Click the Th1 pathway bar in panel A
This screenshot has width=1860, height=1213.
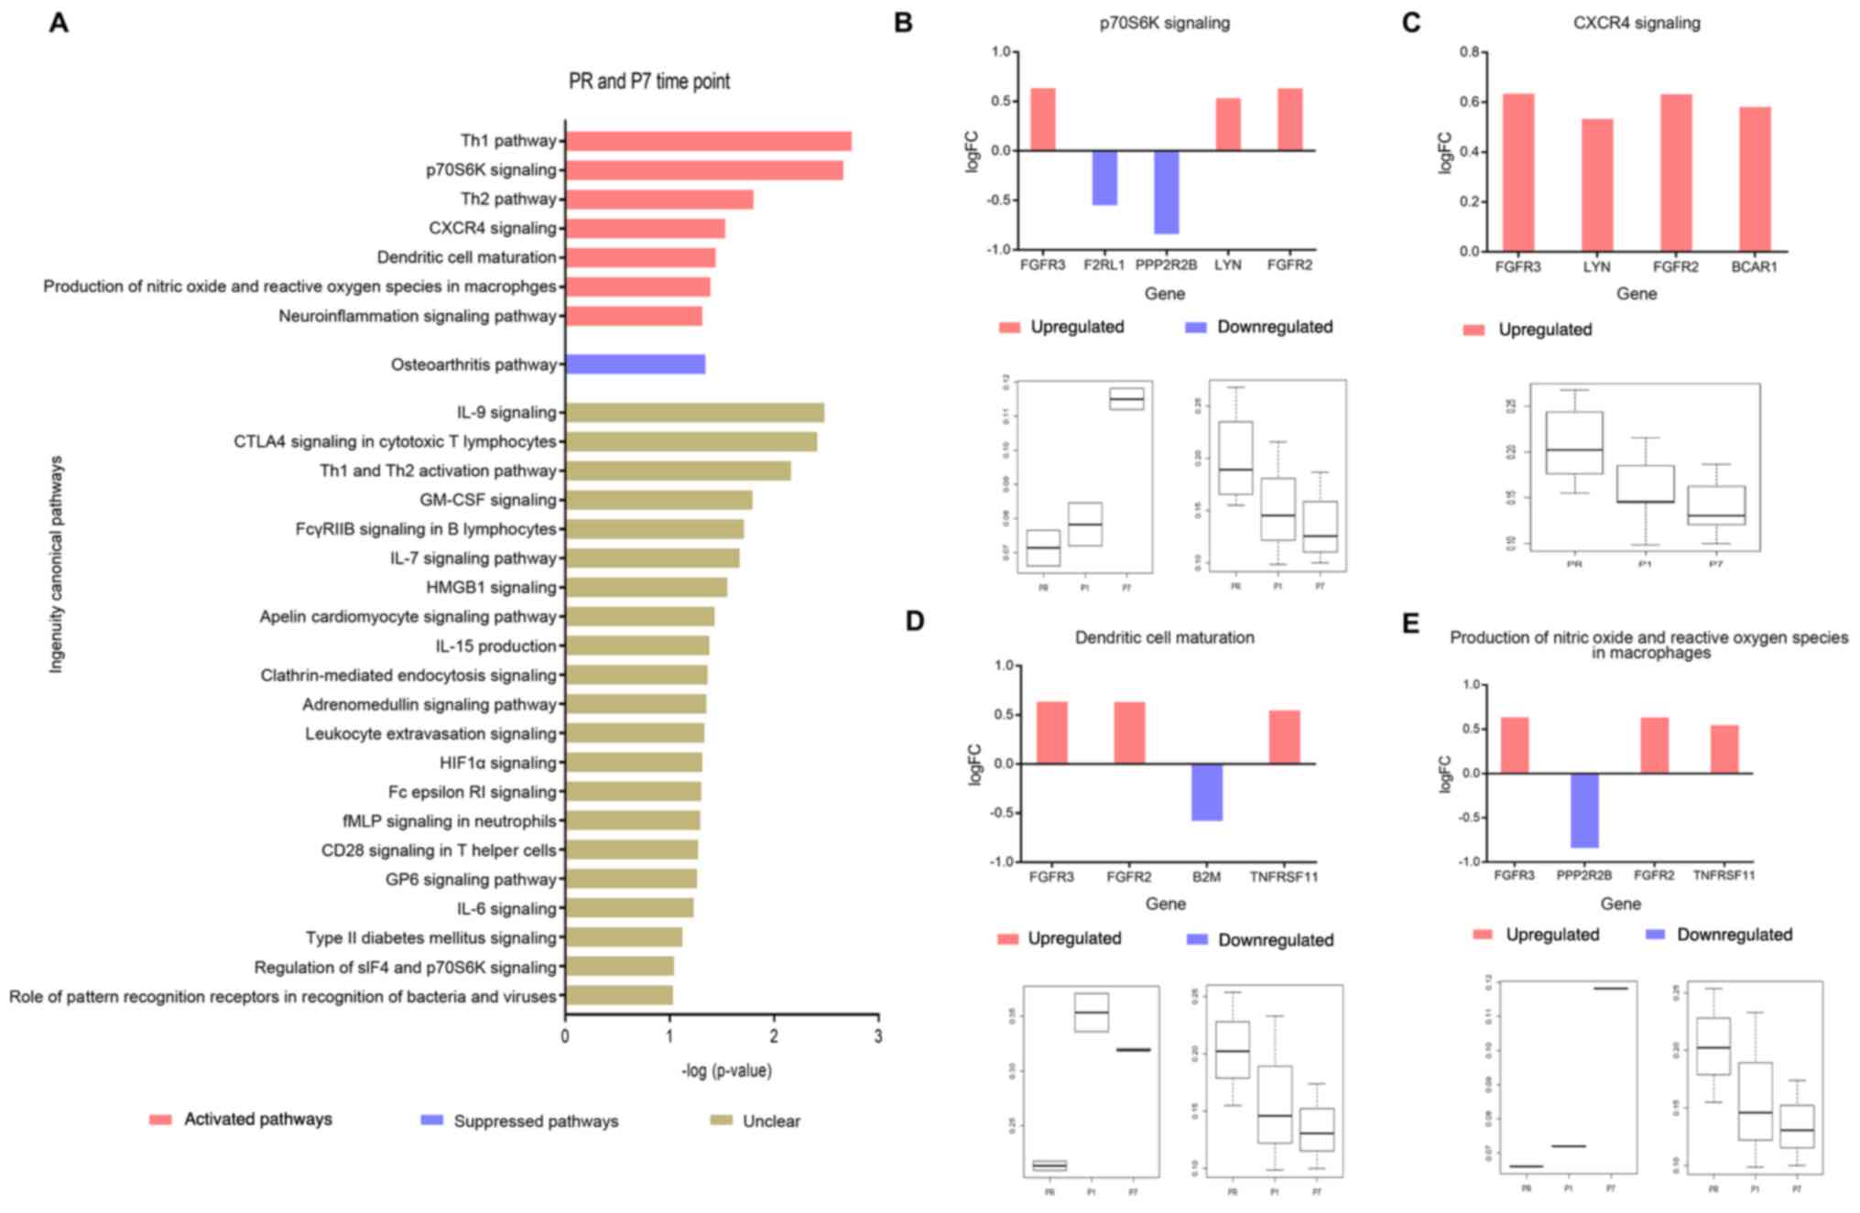708,141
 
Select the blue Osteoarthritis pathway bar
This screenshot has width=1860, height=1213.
636,364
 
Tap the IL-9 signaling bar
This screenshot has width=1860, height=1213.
694,413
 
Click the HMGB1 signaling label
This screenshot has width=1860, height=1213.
491,588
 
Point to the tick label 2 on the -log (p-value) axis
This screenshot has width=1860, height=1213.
774,1036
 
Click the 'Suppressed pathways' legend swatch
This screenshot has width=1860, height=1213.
431,1121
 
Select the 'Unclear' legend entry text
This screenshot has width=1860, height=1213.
771,1121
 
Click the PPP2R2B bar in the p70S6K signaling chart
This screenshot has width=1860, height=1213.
1166,192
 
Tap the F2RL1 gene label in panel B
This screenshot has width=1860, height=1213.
1104,265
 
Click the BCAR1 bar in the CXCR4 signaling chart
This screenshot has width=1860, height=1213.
1755,179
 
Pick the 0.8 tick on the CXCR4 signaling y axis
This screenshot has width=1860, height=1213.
1469,52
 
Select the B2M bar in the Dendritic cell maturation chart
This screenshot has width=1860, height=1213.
1206,792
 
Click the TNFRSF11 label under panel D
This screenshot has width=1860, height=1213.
1283,877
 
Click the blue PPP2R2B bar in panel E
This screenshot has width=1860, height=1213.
1583,810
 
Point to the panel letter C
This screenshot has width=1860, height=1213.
1411,23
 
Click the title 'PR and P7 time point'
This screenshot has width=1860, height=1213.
649,81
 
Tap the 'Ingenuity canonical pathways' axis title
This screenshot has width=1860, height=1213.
57,565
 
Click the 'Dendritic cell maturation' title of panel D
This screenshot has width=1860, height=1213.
1164,638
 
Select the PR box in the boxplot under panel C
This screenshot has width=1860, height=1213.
1573,442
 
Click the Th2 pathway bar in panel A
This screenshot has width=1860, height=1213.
659,200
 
